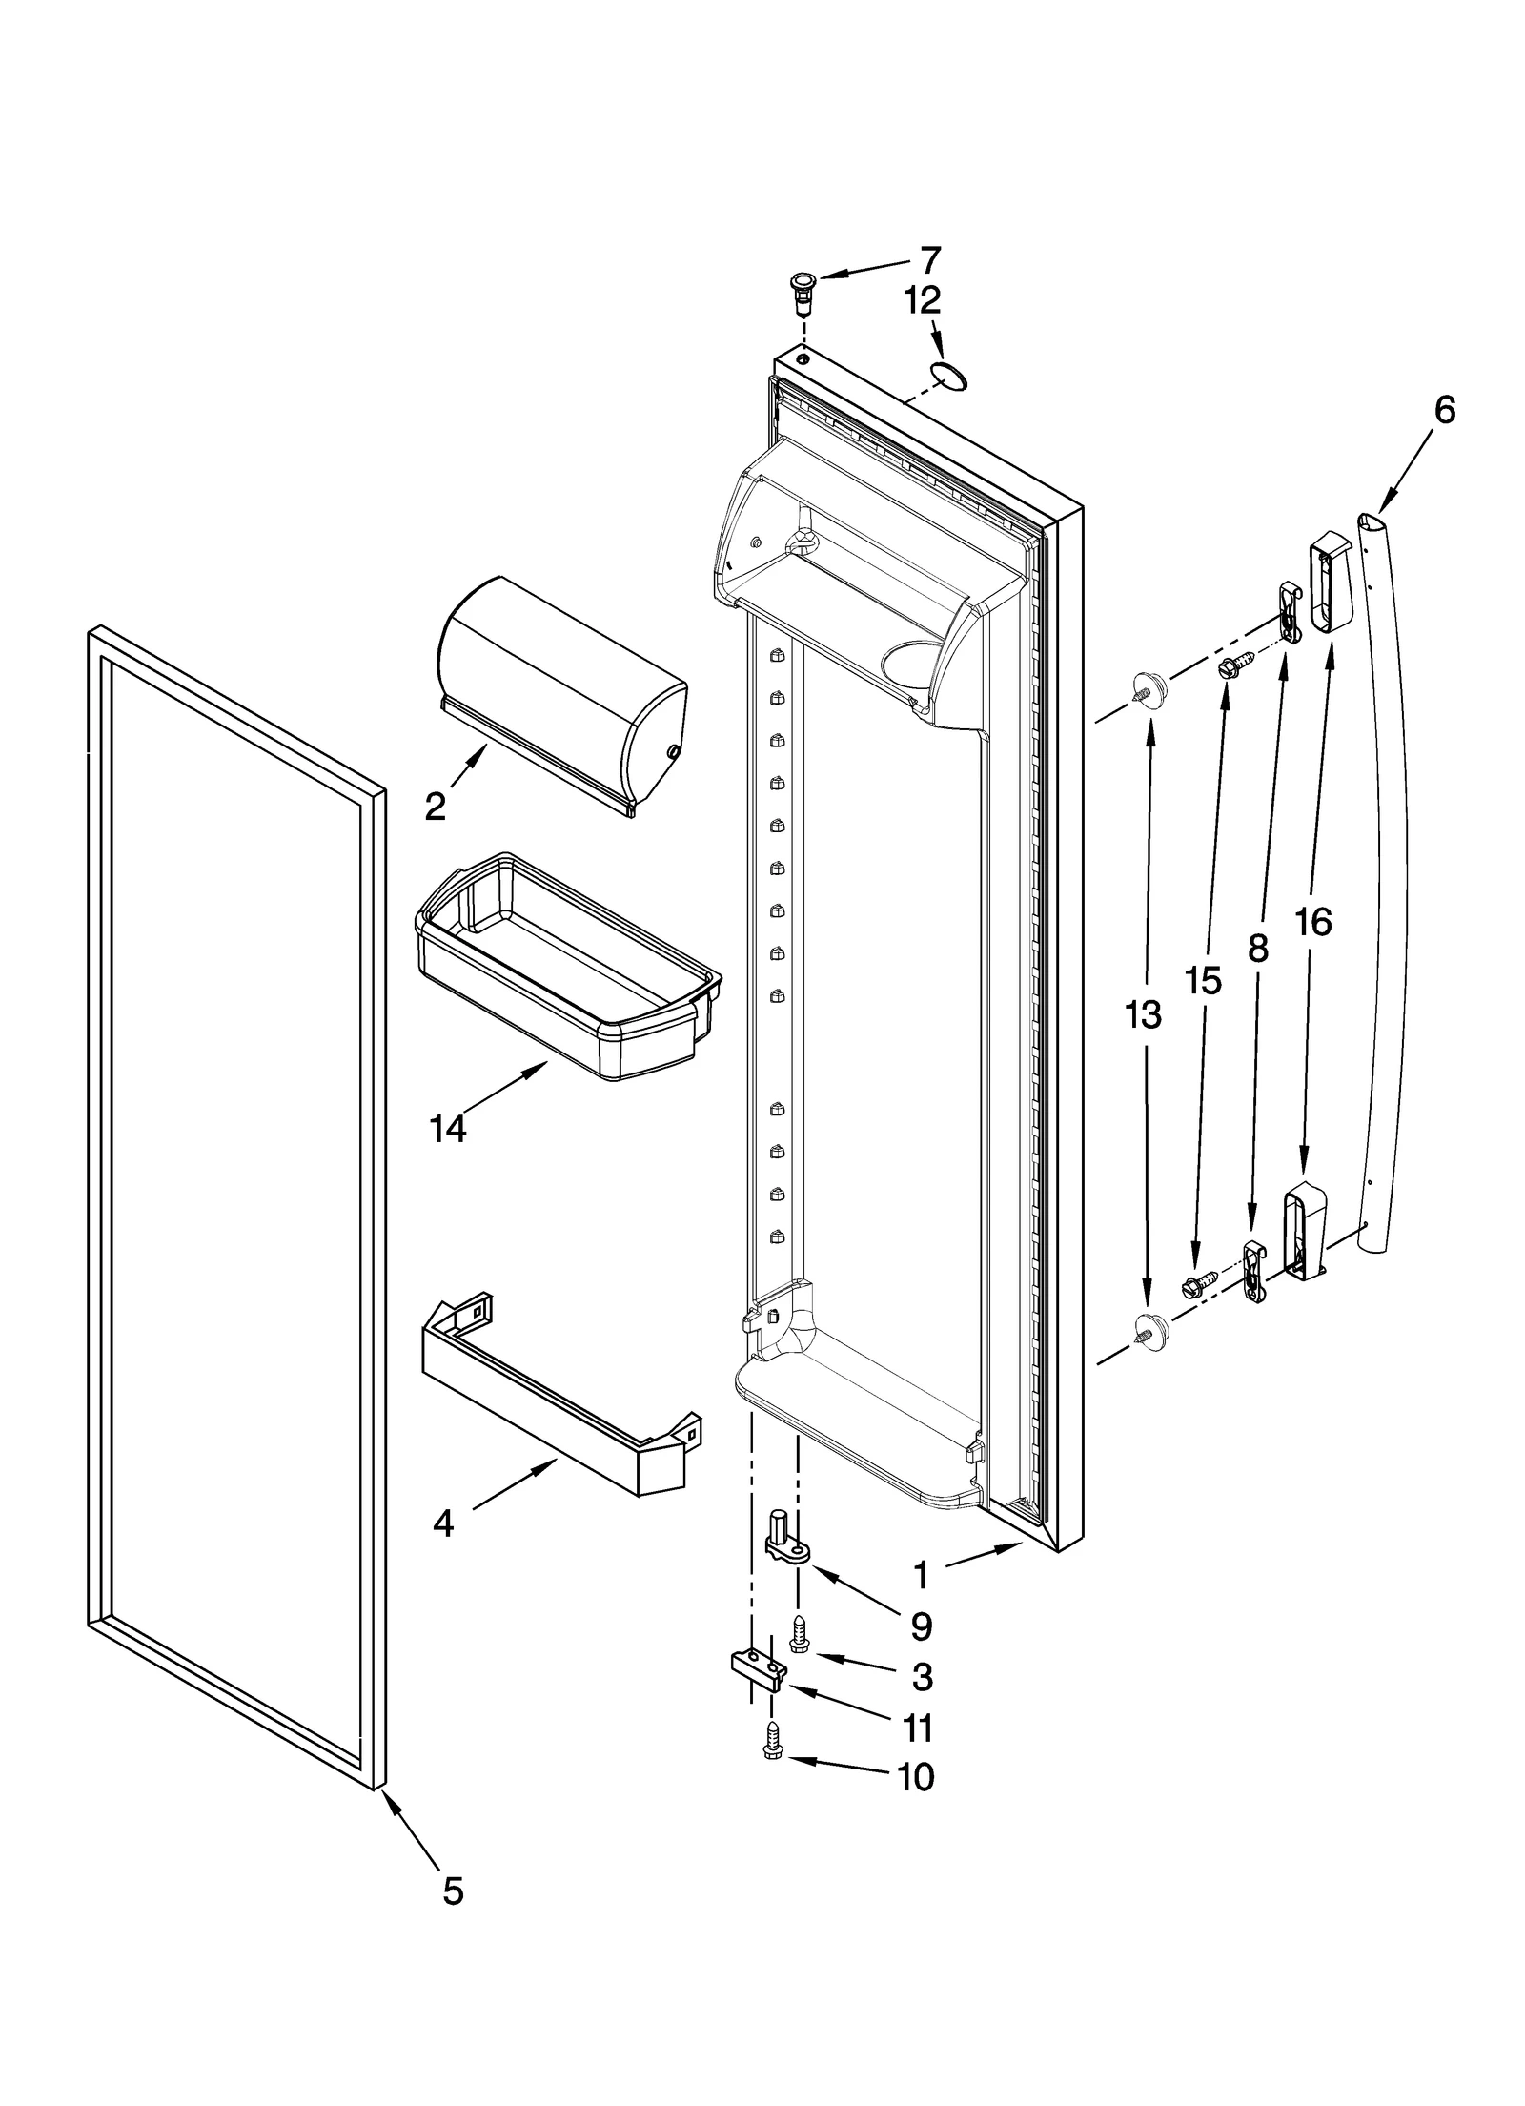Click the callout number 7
[930, 259]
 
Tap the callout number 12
[922, 301]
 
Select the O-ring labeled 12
[949, 378]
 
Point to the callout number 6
[1444, 411]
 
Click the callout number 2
[435, 808]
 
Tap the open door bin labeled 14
[567, 968]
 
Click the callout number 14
[447, 1129]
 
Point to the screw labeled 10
[773, 1745]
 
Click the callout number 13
[1143, 1015]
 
